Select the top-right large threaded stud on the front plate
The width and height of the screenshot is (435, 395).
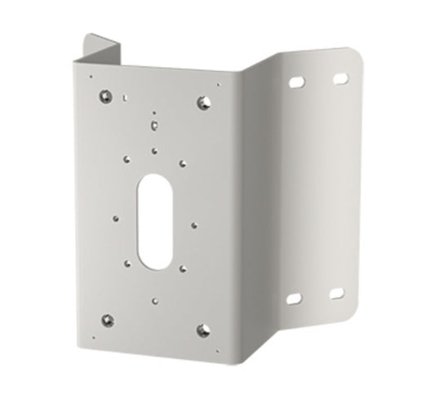coord(203,102)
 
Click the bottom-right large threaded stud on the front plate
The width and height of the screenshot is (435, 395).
coord(202,329)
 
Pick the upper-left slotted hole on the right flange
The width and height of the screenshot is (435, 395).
coord(296,82)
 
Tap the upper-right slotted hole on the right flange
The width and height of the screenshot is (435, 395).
coord(340,78)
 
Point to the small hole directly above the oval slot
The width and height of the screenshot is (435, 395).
coord(154,149)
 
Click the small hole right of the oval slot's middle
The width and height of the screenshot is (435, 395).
coord(193,220)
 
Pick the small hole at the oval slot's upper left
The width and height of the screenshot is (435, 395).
coord(128,160)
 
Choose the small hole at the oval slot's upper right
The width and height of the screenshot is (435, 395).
coord(180,162)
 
